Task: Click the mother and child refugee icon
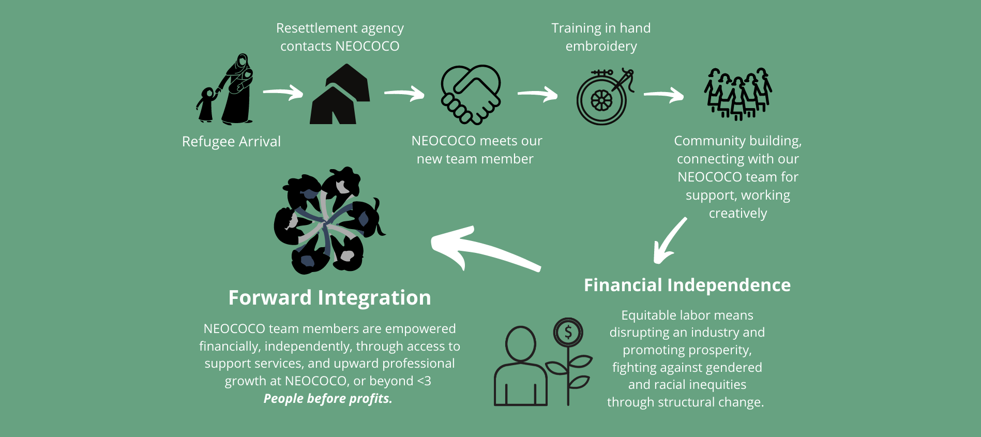[228, 91]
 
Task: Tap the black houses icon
[340, 96]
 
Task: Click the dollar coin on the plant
[568, 332]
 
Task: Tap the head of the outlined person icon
[520, 344]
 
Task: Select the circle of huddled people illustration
[328, 221]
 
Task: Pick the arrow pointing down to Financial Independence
[669, 240]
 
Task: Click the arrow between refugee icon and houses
[283, 93]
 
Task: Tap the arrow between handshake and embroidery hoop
[538, 94]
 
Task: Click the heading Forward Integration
[329, 298]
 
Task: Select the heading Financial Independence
[687, 285]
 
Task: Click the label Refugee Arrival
[231, 141]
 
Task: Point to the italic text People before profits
[328, 398]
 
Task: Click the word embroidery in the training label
[601, 47]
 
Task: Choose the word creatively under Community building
[737, 213]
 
